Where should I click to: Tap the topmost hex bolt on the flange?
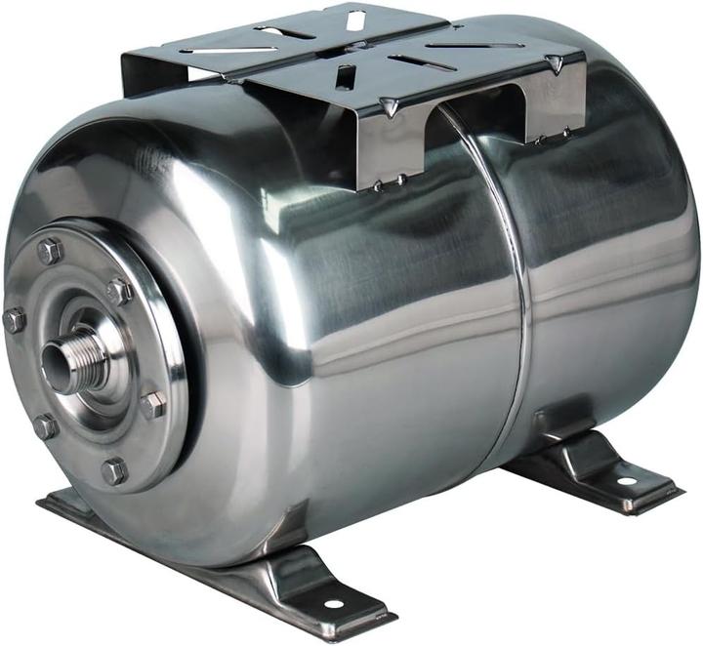49,251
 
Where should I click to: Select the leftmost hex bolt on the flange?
14,319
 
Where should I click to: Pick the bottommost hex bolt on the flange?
114,471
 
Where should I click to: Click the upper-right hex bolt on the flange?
119,291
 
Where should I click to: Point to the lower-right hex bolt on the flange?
152,404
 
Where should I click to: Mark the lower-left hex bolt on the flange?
45,425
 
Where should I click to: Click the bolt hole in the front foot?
333,603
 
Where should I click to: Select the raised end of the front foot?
293,576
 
